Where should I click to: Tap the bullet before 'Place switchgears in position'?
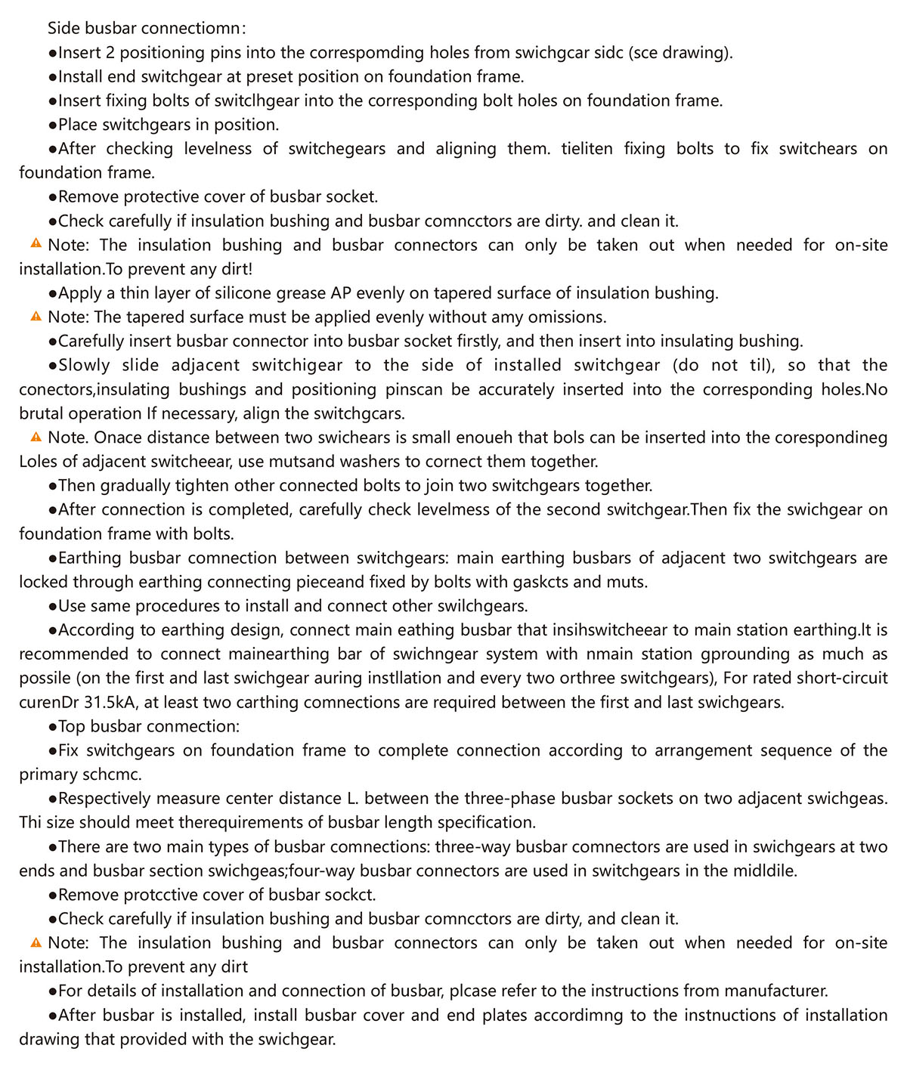(52, 125)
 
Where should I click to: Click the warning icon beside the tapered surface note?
(36, 317)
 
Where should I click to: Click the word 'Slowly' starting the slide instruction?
(84, 366)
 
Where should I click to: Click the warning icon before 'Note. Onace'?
(36, 438)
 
